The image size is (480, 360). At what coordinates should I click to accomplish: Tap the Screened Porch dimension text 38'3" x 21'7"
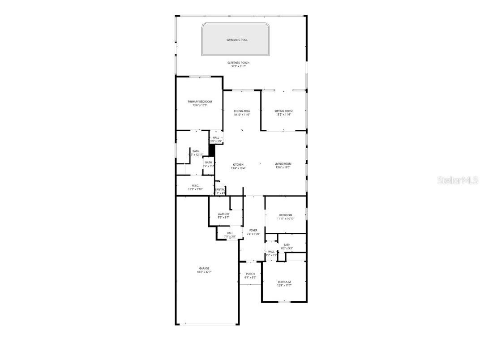(x=238, y=66)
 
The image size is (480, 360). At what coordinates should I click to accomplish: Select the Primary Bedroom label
(x=200, y=102)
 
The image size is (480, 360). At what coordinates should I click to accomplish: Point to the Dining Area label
(x=242, y=111)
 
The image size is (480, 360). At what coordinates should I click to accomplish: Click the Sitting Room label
(x=283, y=111)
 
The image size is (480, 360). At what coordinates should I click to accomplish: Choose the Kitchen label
(x=238, y=164)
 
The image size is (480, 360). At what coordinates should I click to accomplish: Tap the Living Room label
(x=283, y=164)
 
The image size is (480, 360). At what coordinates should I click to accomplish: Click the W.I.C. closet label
(x=195, y=185)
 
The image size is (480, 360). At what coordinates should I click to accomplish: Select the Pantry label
(x=219, y=189)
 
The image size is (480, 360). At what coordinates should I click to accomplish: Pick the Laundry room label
(x=223, y=214)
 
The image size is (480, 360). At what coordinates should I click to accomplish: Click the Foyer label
(x=253, y=230)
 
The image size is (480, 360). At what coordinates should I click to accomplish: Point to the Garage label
(x=204, y=268)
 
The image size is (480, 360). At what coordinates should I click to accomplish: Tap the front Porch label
(x=250, y=274)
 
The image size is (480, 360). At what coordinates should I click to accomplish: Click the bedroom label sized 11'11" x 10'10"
(x=285, y=215)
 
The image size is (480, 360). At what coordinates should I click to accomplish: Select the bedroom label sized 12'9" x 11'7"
(x=284, y=282)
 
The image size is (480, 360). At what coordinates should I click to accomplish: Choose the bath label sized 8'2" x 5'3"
(x=287, y=244)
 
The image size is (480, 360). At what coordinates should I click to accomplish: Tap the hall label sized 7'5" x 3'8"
(x=230, y=233)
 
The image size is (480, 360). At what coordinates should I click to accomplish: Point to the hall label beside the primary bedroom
(x=216, y=137)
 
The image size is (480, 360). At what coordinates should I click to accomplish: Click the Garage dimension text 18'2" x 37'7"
(x=204, y=272)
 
